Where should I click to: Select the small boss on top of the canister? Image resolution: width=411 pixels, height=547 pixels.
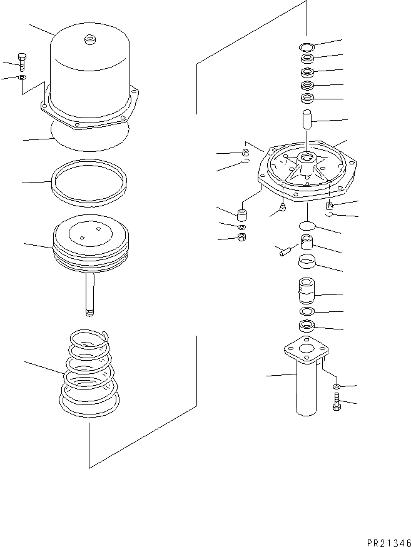[89, 39]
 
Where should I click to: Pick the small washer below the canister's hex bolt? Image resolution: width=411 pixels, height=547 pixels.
[23, 77]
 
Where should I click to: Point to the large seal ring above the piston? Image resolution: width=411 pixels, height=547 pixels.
[89, 181]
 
